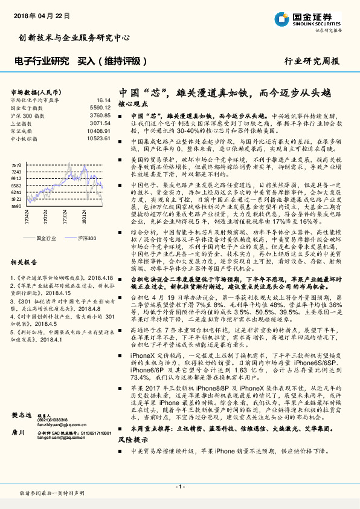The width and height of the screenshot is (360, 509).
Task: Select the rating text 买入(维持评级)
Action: click(113, 61)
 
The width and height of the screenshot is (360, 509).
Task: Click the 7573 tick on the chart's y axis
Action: click(16, 164)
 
